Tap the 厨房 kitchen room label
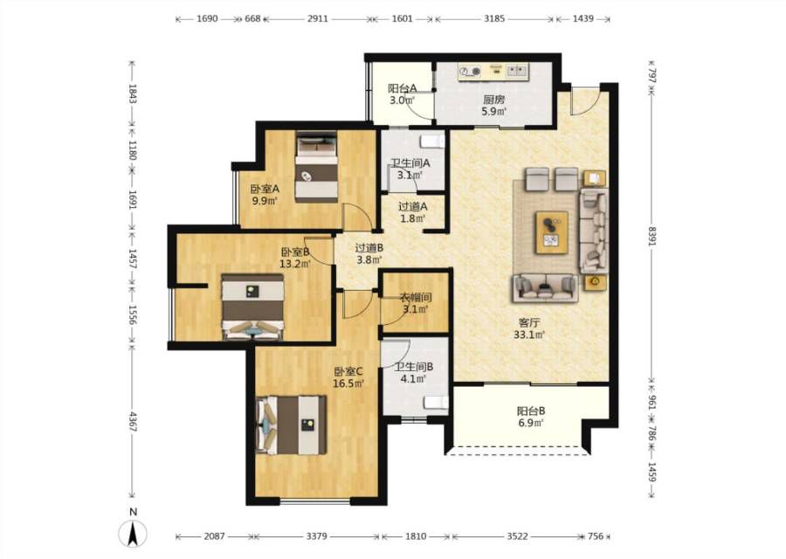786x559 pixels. [x=493, y=100]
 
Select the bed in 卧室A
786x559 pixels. [x=316, y=167]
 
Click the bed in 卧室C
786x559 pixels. [x=291, y=425]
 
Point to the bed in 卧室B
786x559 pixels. [x=253, y=307]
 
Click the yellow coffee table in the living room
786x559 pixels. [x=552, y=232]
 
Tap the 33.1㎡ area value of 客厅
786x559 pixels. [x=529, y=335]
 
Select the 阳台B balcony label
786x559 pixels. [x=531, y=411]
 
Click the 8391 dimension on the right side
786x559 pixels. [x=652, y=236]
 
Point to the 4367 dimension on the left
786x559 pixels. [x=133, y=422]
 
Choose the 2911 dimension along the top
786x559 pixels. [x=318, y=18]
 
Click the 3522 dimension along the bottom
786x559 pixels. [x=517, y=536]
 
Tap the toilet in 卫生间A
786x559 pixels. [x=433, y=141]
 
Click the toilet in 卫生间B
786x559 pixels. [x=436, y=402]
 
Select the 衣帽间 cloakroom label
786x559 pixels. [x=415, y=297]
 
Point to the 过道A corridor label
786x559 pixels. [x=412, y=206]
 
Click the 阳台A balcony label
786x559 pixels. [x=402, y=88]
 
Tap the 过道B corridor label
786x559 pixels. [x=369, y=248]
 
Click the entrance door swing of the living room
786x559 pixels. [x=585, y=100]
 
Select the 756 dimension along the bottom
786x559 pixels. [x=596, y=536]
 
